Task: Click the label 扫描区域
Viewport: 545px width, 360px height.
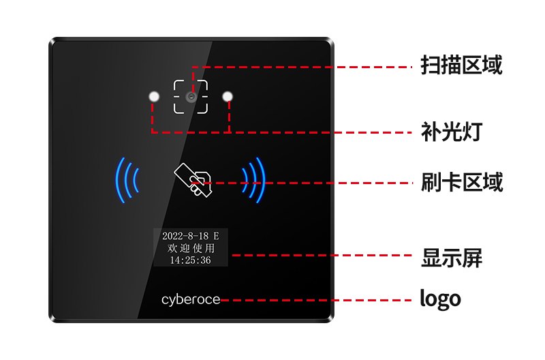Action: [x=461, y=66]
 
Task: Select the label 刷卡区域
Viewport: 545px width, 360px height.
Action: [x=461, y=182]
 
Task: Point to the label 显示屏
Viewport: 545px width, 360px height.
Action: [x=452, y=258]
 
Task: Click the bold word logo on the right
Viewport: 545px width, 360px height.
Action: [x=440, y=299]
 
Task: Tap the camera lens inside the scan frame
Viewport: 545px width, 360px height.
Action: [x=191, y=97]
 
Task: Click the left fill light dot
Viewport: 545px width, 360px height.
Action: [x=154, y=96]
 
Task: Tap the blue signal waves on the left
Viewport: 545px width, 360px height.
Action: [x=127, y=180]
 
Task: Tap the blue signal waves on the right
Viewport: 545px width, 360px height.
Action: [x=253, y=180]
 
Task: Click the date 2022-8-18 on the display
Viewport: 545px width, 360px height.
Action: [x=183, y=236]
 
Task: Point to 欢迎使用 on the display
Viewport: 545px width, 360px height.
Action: [x=190, y=248]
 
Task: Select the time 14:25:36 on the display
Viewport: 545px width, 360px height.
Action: [x=190, y=260]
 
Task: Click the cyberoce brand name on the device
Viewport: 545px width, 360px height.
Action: [x=191, y=300]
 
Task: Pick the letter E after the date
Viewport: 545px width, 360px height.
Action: [x=216, y=236]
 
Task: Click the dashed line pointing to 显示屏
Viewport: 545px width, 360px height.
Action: [x=320, y=256]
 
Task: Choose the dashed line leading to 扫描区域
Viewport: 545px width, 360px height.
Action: [x=307, y=67]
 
